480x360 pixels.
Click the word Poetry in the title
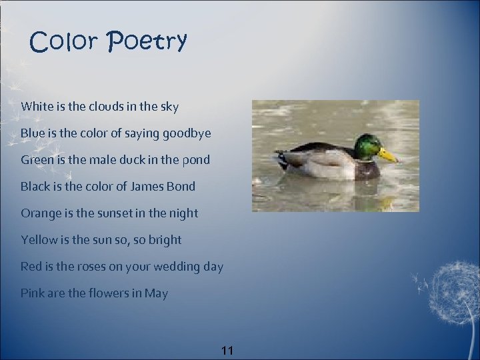point(146,42)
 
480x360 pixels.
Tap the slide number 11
point(227,350)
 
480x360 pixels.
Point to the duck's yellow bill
point(387,155)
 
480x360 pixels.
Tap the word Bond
point(181,187)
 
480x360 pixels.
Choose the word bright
point(165,240)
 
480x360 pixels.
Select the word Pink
point(32,293)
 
